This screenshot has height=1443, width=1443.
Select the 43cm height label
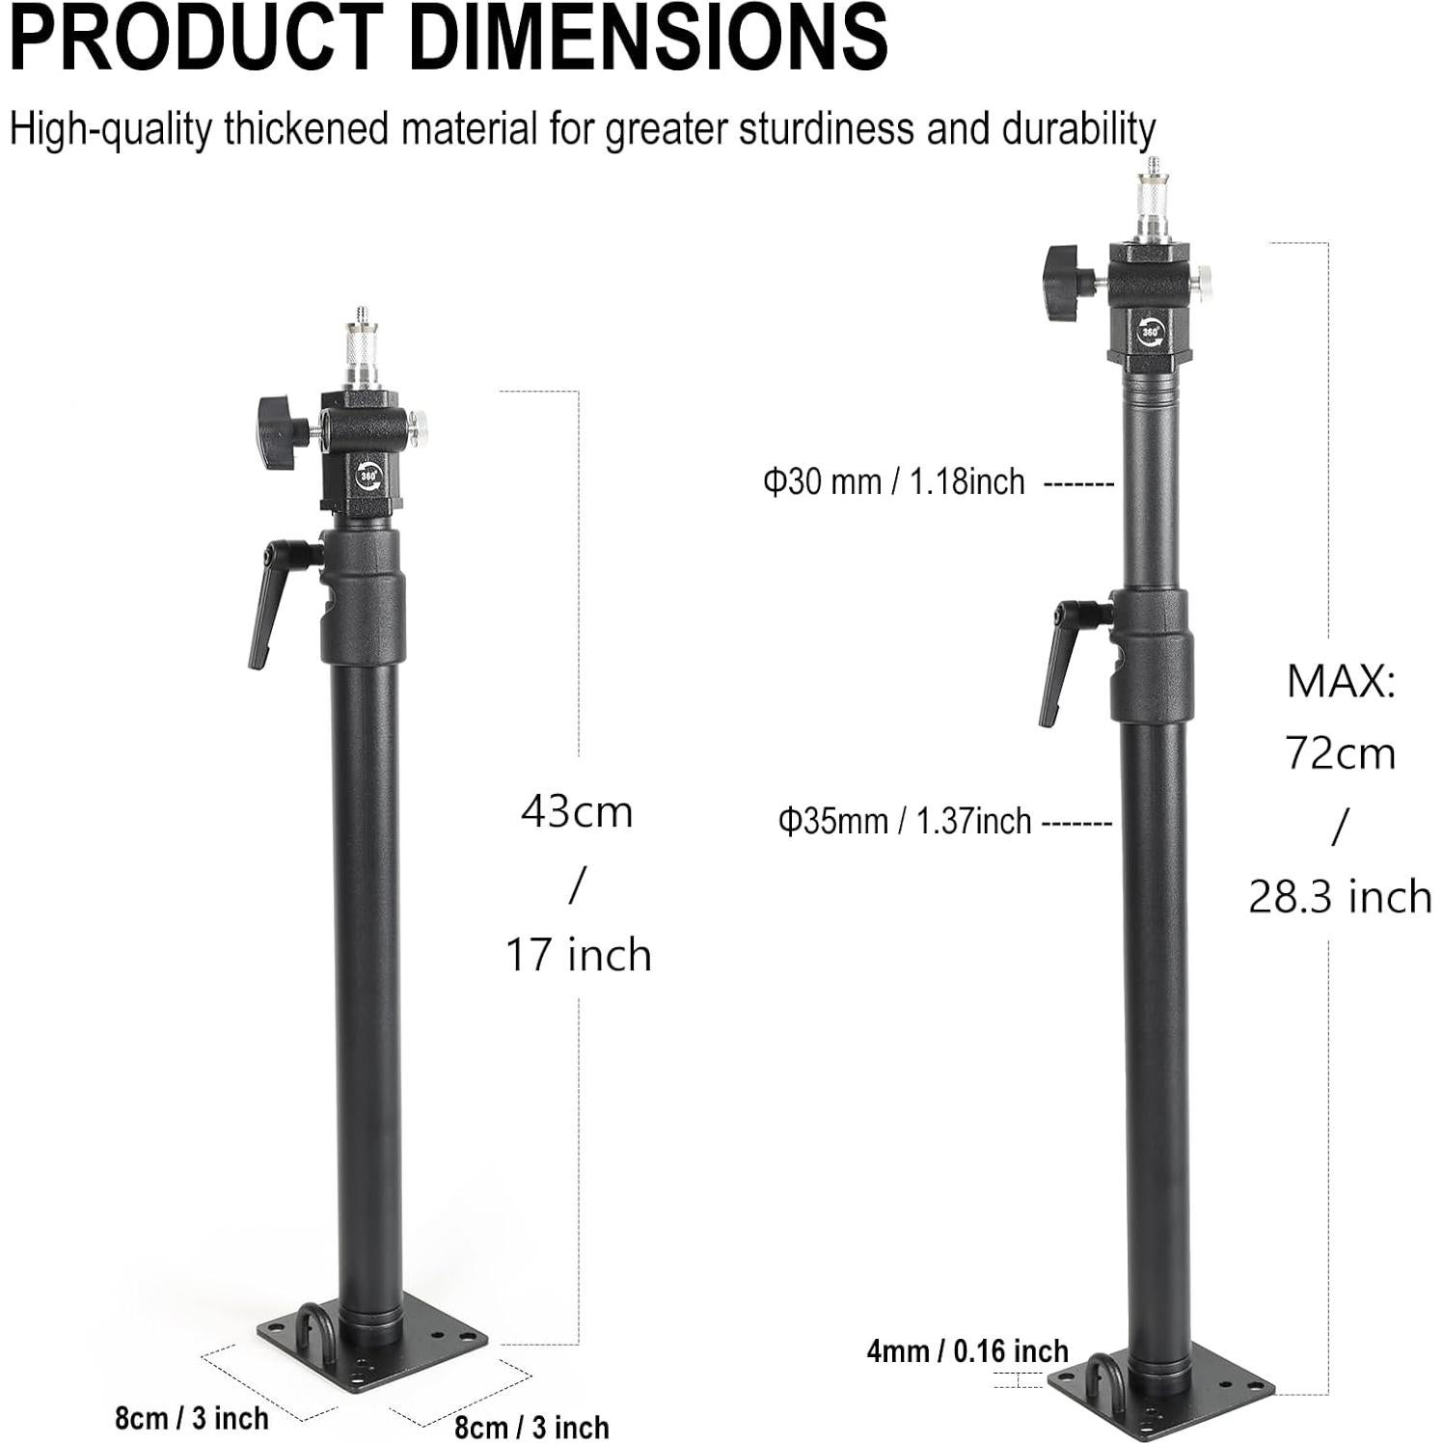[577, 812]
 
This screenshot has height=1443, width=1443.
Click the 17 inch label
[579, 955]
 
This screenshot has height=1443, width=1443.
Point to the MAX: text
[1341, 682]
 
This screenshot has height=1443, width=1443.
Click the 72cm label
[1341, 752]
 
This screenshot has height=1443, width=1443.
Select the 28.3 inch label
[1341, 897]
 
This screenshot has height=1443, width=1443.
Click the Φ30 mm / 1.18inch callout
[894, 480]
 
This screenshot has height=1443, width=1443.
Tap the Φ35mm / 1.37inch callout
[905, 821]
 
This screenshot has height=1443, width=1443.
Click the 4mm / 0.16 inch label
[967, 1351]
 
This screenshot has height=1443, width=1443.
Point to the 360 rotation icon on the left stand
[368, 475]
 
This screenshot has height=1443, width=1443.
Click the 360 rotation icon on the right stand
[1151, 330]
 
